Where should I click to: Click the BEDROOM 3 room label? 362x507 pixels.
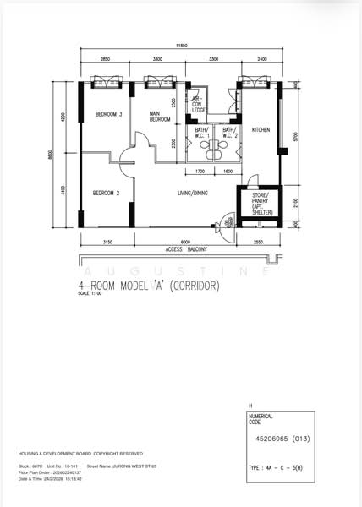point(109,114)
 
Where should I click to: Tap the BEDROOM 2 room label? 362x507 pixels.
point(106,192)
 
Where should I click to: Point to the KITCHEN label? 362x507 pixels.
point(260,129)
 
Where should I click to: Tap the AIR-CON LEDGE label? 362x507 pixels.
point(199,103)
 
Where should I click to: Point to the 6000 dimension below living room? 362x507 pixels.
point(173,243)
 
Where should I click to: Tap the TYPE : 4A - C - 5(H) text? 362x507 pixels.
point(279,466)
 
